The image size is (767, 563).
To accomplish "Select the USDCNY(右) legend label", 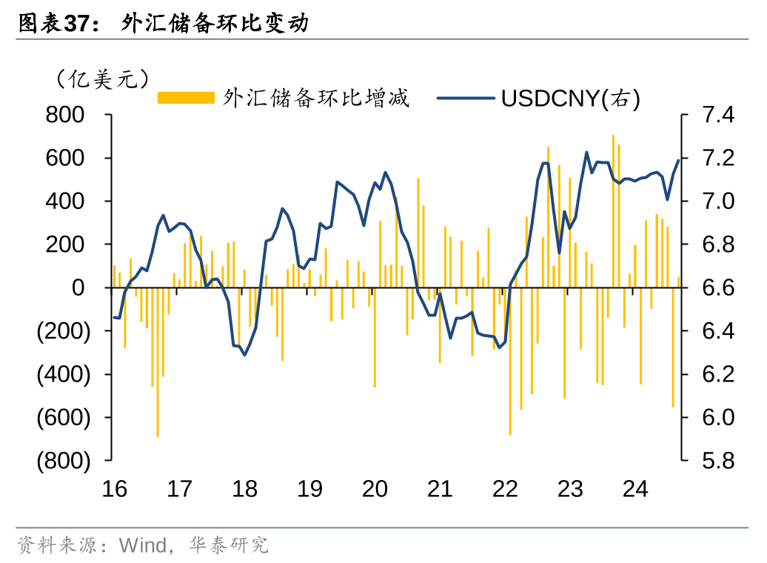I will click(570, 98).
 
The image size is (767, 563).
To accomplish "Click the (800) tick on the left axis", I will click(64, 461).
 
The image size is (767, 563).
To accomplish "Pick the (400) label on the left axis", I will click(64, 374).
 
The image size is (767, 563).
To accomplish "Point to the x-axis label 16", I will click(115, 490).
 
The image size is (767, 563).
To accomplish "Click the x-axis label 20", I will click(375, 490).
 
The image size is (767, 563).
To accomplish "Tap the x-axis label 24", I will click(635, 490).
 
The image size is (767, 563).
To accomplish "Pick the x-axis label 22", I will click(505, 490).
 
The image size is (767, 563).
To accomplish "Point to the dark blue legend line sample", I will click(465, 98).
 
